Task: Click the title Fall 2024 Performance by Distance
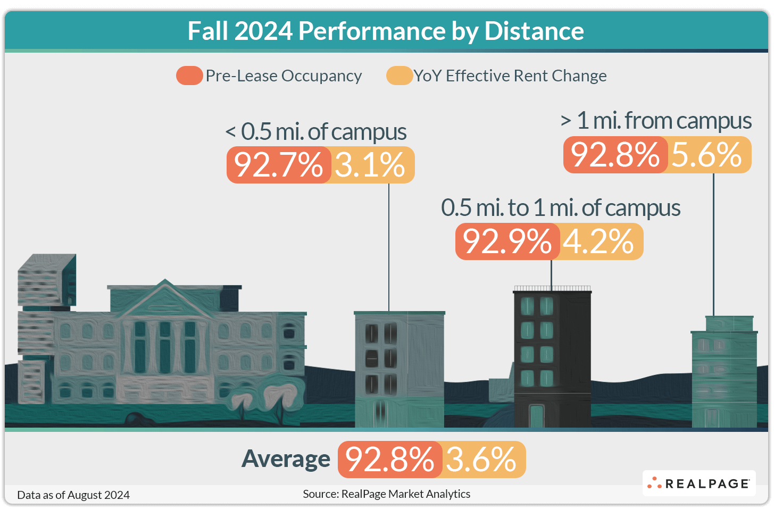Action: pyautogui.click(x=386, y=31)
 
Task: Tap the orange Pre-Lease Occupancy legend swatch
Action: pyautogui.click(x=189, y=76)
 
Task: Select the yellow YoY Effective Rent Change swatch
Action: pyautogui.click(x=400, y=76)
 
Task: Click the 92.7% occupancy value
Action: pyautogui.click(x=279, y=165)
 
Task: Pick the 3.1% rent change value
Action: pyautogui.click(x=371, y=165)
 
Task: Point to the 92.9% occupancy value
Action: pyautogui.click(x=507, y=241)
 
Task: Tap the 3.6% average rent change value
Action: pyautogui.click(x=482, y=460)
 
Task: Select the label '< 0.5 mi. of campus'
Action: pyautogui.click(x=316, y=132)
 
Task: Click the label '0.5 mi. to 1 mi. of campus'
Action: pyautogui.click(x=561, y=208)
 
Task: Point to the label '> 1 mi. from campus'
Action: pyautogui.click(x=656, y=121)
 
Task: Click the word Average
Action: pyautogui.click(x=286, y=459)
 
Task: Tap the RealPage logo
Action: pyautogui.click(x=699, y=483)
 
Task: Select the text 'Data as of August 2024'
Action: pyautogui.click(x=73, y=495)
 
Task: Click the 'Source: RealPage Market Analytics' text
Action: pyautogui.click(x=387, y=494)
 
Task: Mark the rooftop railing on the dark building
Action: pyautogui.click(x=552, y=288)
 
